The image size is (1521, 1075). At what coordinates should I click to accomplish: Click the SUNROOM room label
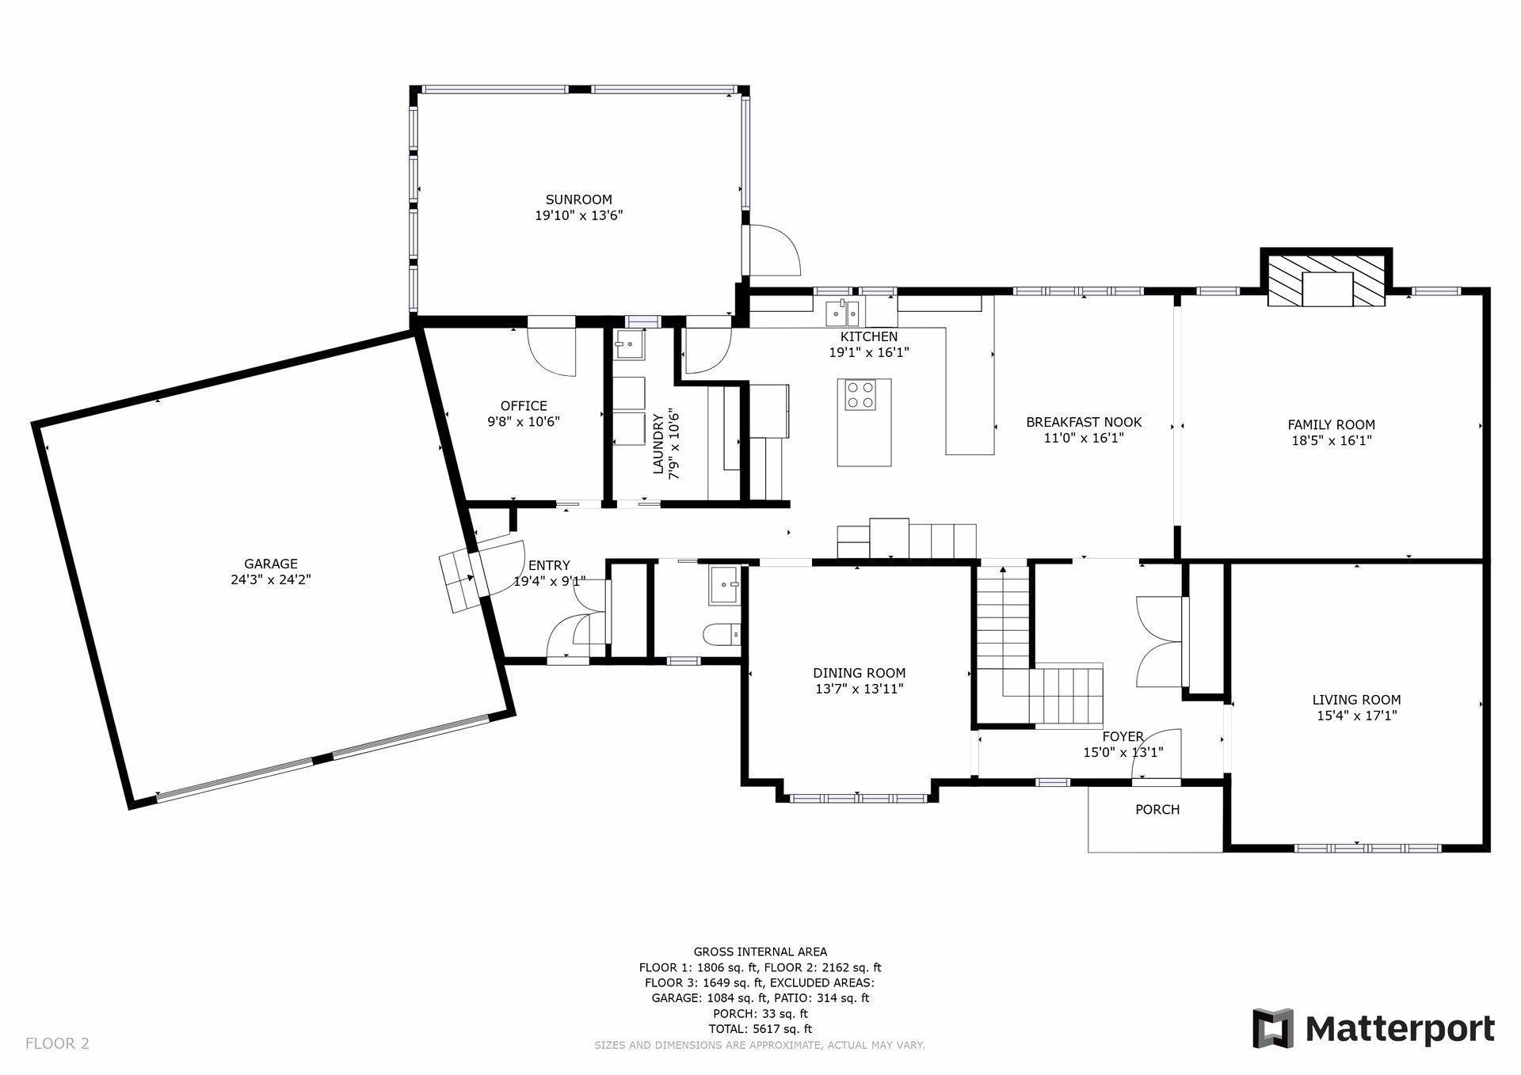(578, 199)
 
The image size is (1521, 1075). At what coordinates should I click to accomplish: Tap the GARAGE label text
(271, 564)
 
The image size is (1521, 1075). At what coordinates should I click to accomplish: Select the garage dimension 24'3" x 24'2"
(271, 579)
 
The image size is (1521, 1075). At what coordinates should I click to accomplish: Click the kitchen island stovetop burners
(860, 395)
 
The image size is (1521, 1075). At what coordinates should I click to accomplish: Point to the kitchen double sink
(843, 313)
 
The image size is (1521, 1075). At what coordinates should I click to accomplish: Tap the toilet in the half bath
(722, 634)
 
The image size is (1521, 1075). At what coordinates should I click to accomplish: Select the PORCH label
(1157, 809)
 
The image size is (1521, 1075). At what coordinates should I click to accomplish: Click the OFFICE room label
(524, 406)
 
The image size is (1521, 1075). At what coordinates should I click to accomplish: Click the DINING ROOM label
(860, 673)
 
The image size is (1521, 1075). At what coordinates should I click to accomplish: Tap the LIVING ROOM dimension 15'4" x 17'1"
(1357, 716)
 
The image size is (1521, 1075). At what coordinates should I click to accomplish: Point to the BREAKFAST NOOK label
(1084, 422)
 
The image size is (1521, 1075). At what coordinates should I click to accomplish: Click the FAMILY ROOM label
(1332, 424)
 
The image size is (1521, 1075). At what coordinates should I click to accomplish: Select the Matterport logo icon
(1273, 1028)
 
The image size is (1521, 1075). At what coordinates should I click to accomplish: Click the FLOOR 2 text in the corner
(57, 1043)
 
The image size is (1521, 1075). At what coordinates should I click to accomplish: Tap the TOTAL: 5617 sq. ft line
(760, 1029)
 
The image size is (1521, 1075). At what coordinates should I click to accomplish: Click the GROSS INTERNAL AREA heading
(760, 952)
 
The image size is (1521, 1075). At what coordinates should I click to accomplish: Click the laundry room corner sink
(630, 344)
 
